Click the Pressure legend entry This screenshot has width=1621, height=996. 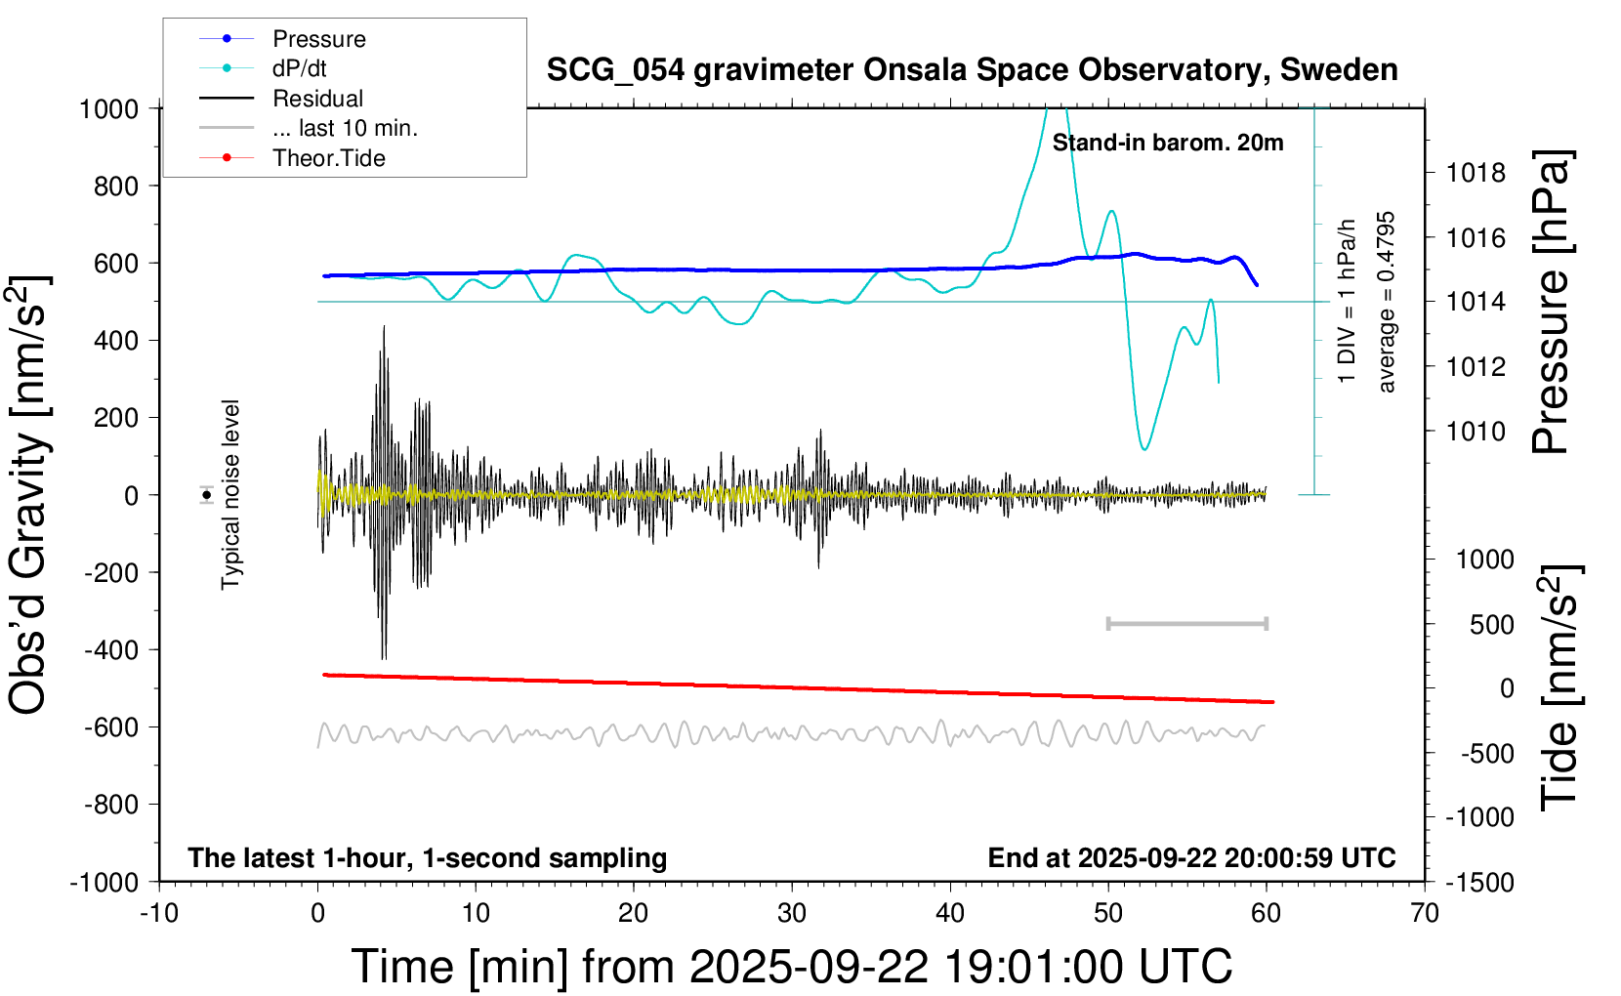tap(318, 39)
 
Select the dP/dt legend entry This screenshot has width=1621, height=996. tap(299, 68)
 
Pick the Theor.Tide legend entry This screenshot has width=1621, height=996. tap(328, 158)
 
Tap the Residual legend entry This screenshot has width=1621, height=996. tap(317, 99)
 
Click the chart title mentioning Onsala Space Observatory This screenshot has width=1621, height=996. tap(972, 70)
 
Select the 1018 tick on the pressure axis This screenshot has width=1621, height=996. tap(1476, 173)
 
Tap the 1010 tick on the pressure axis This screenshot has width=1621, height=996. tap(1476, 431)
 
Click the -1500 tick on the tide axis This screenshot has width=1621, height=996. tap(1480, 882)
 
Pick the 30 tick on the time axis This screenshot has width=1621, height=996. tap(792, 913)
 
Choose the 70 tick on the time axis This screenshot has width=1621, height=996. tap(1425, 913)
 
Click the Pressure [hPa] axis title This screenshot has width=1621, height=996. tap(1551, 303)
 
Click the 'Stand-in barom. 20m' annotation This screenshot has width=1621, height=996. tap(1168, 143)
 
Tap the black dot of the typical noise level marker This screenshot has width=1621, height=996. tap(207, 495)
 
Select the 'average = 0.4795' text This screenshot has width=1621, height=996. tap(1387, 303)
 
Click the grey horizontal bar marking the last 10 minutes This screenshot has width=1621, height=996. tap(1186, 623)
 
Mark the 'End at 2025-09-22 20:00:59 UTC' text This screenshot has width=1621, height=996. tap(1191, 857)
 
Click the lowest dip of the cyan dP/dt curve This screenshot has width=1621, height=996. tap(1144, 448)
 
